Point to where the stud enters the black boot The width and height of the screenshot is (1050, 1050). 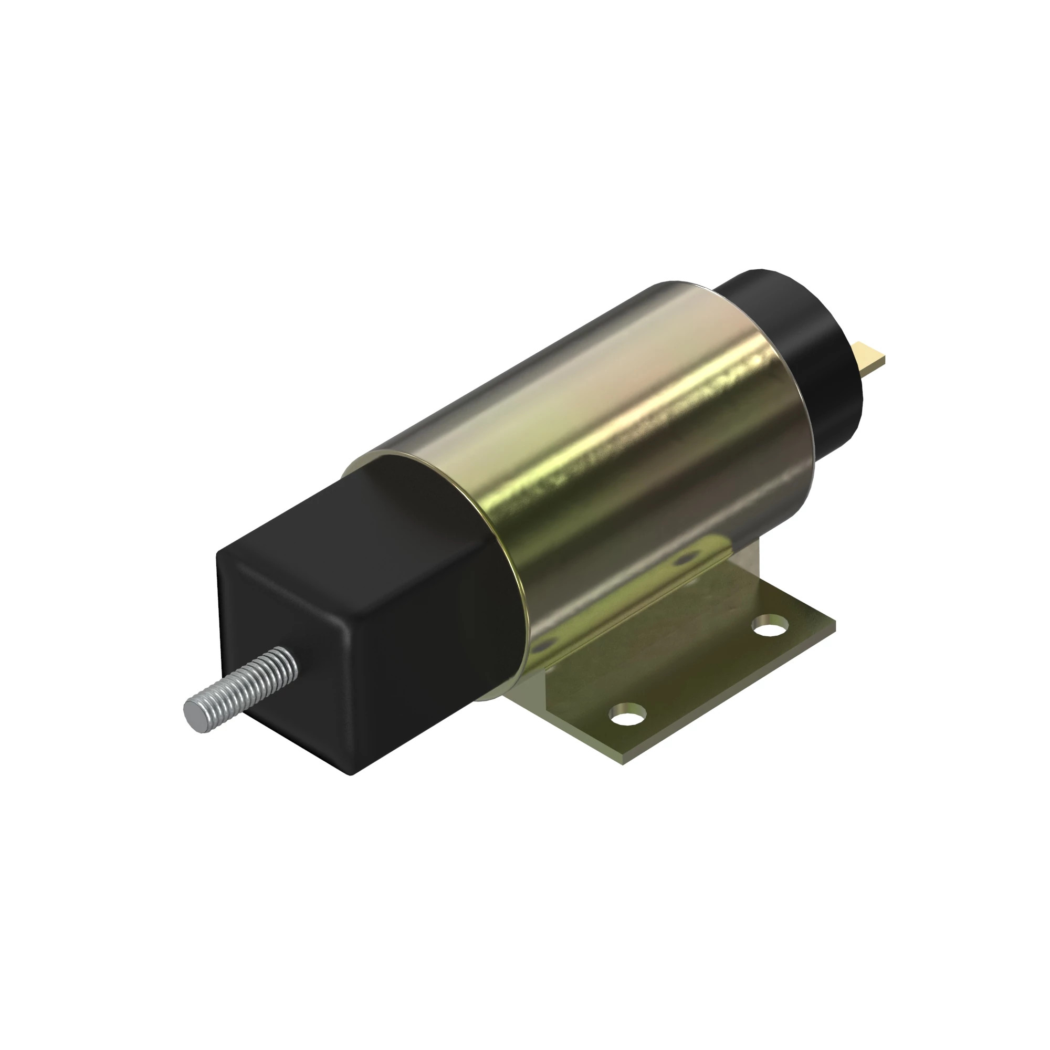291,661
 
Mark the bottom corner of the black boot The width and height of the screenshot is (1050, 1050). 351,772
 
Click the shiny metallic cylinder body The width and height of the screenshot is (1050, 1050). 625,462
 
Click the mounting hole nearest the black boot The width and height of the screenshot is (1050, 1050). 628,713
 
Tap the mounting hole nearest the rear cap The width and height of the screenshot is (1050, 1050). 771,627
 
